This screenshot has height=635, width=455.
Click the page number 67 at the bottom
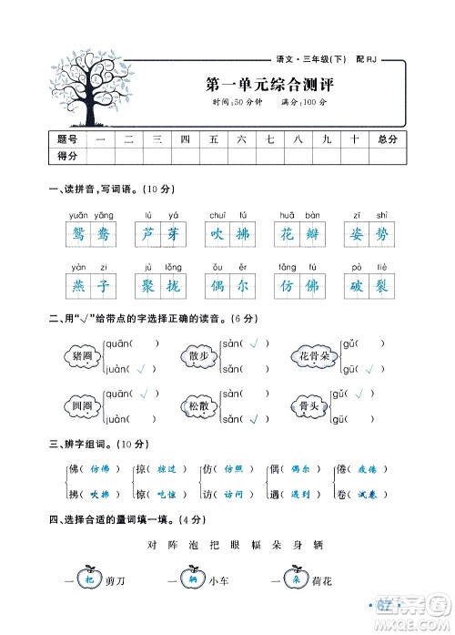[x=385, y=605]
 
